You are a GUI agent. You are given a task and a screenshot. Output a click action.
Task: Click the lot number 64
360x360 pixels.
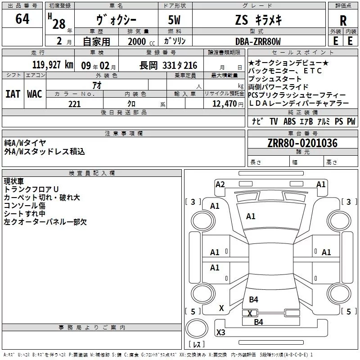[x=22, y=19]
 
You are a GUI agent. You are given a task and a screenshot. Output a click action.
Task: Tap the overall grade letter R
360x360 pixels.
[x=343, y=21]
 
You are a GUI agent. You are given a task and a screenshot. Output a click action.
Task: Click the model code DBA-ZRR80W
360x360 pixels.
[x=258, y=41]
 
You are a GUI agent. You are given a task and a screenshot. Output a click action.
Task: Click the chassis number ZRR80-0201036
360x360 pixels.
[x=302, y=144]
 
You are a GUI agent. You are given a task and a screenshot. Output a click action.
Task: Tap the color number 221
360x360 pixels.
[x=74, y=104]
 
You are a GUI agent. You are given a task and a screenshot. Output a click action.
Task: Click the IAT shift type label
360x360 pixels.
[x=12, y=94]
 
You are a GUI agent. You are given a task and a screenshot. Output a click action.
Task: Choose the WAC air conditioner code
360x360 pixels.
[x=34, y=94]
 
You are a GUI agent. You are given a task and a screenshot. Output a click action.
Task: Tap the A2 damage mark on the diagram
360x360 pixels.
[x=220, y=184]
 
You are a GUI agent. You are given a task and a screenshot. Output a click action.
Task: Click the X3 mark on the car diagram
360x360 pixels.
[x=221, y=333]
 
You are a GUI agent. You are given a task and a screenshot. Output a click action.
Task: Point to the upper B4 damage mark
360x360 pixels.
[x=253, y=300]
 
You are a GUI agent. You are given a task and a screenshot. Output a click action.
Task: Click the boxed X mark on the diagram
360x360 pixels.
[x=249, y=313]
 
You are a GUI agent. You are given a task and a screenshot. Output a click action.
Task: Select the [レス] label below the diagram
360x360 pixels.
[x=197, y=344]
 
